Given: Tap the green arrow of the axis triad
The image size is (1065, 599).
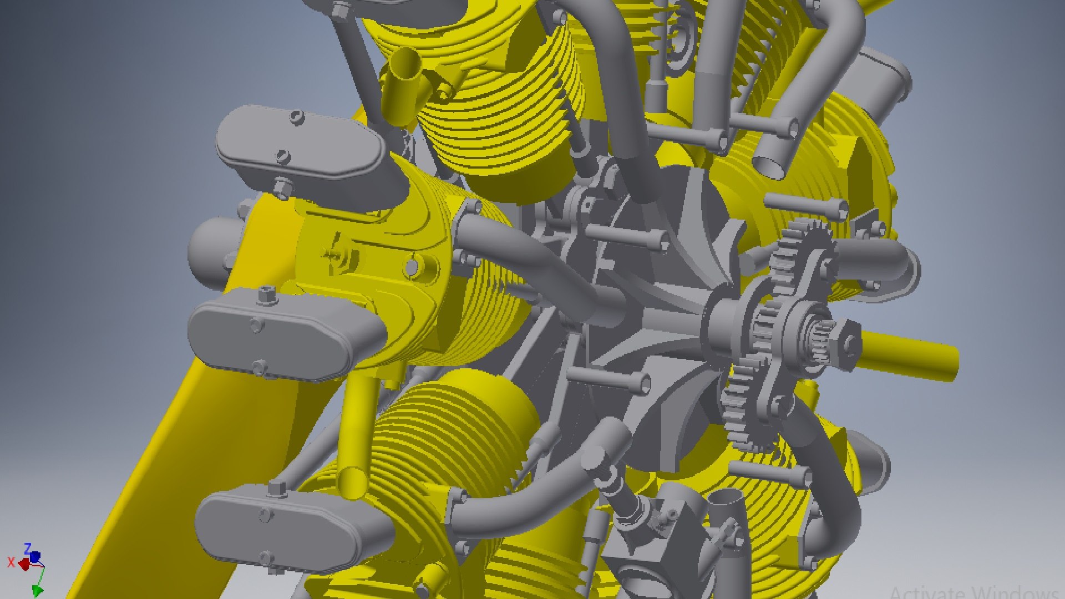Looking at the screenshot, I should point(38,590).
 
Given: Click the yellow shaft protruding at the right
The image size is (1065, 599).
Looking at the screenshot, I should point(910,355).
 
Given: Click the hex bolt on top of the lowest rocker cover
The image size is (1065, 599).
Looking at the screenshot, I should point(276,489).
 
